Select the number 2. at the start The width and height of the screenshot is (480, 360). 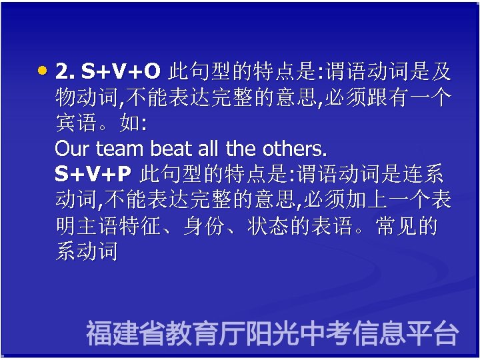[65, 71]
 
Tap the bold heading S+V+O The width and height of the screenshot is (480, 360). [121, 71]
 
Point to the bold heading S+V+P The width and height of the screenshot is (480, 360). [93, 175]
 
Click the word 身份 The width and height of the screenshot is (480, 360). [204, 227]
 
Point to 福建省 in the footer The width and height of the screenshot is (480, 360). [125, 333]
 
